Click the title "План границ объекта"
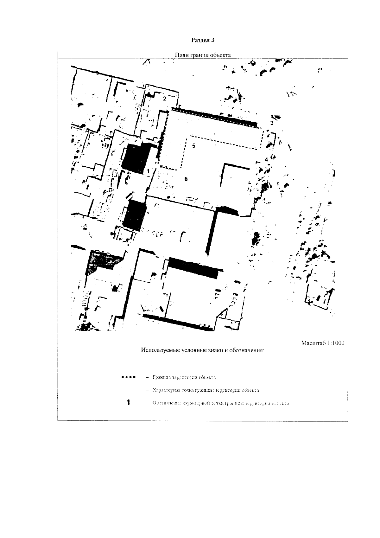[x=203, y=55]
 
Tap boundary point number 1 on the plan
[x=148, y=171]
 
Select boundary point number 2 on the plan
[x=164, y=99]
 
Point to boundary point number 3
[x=272, y=122]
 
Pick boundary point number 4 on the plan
[x=266, y=159]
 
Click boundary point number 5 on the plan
[x=194, y=146]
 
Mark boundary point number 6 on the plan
[x=186, y=179]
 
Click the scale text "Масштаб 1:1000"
[x=323, y=343]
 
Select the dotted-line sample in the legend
[x=128, y=377]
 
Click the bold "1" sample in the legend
[x=128, y=403]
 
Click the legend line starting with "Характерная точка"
[x=206, y=390]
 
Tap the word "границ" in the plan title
[x=197, y=55]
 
